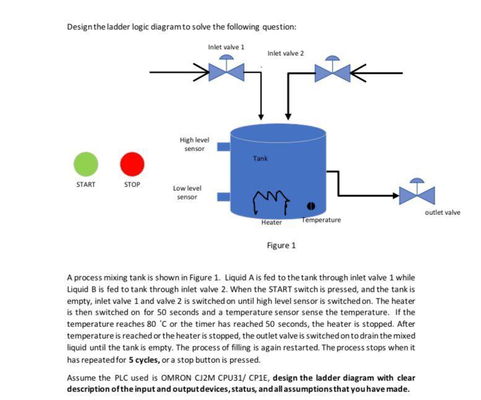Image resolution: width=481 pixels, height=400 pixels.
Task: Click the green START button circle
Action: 86,164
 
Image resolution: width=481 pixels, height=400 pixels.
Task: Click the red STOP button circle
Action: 132,164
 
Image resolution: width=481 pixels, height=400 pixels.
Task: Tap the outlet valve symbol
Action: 417,193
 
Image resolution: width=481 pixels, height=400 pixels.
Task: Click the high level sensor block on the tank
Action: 223,147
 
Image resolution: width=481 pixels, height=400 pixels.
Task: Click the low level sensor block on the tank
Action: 223,196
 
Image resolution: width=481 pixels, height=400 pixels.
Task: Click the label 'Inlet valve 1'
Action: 226,47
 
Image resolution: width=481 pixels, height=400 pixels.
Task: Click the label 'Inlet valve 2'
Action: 286,53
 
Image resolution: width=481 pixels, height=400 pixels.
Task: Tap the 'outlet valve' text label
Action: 443,212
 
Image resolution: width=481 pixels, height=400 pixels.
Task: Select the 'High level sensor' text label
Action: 194,144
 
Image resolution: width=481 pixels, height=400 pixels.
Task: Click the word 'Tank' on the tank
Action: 260,159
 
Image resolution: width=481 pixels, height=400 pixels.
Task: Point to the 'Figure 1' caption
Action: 281,245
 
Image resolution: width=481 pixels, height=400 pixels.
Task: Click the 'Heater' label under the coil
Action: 271,222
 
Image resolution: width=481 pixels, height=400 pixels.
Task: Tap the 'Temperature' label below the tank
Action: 321,220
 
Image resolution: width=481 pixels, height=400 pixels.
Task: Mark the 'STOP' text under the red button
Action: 132,185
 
